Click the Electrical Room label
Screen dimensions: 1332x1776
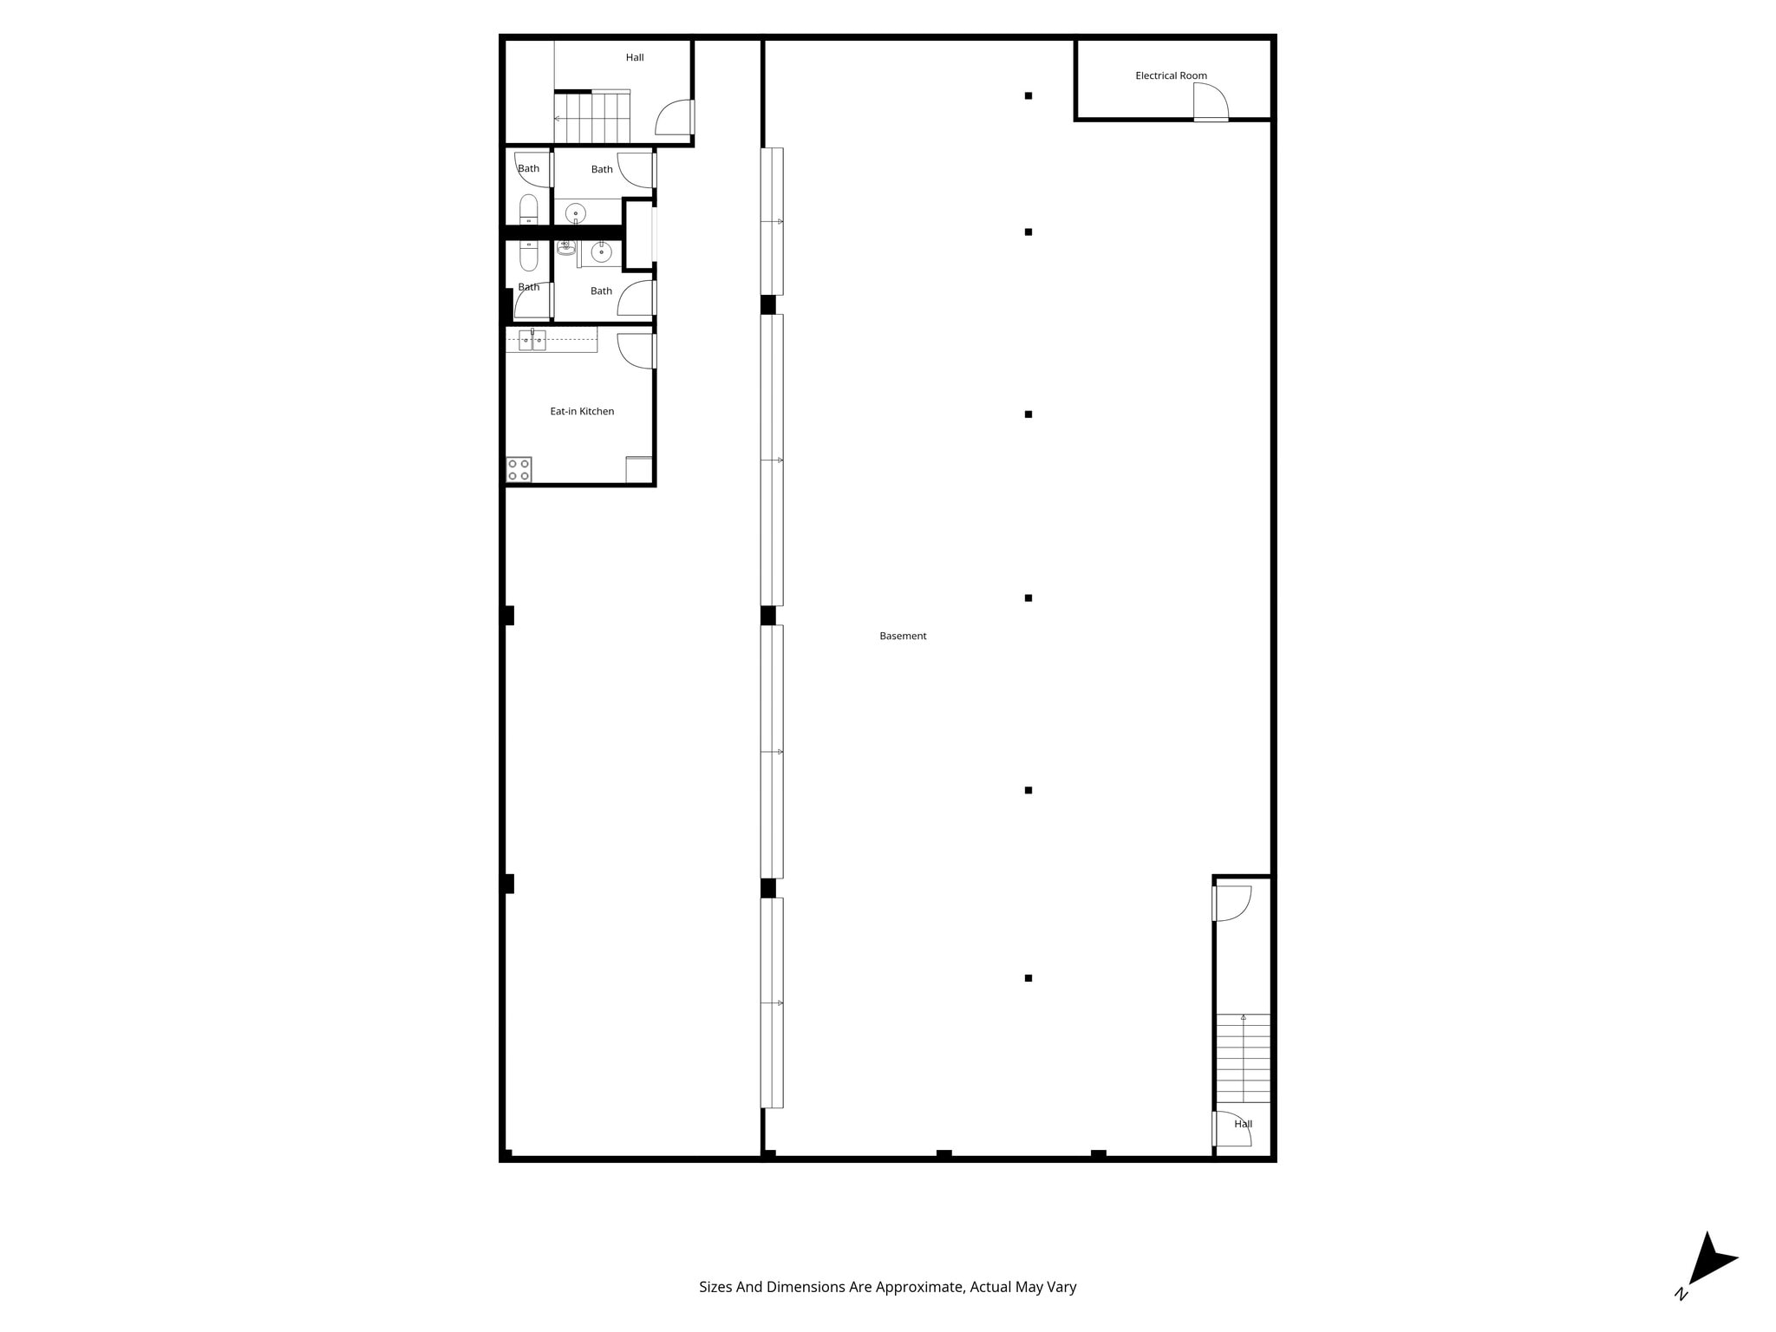click(1171, 75)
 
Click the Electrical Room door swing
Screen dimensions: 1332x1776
click(1211, 101)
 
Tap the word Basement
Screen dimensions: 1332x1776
click(903, 636)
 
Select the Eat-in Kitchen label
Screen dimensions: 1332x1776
click(582, 411)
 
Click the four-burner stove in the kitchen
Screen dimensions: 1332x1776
click(519, 470)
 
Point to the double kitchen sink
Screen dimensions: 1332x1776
click(532, 340)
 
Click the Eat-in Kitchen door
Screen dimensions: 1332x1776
click(636, 350)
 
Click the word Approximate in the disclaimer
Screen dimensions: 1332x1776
click(919, 1287)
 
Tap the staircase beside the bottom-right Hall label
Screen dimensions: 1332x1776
click(1243, 1058)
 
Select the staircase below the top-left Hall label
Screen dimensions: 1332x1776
click(591, 118)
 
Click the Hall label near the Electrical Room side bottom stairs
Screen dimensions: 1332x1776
click(1243, 1124)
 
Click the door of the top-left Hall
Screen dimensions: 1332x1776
click(675, 118)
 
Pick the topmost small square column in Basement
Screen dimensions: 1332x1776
click(1028, 96)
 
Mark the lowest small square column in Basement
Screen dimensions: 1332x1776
click(1028, 978)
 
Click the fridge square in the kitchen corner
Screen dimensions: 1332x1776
click(639, 469)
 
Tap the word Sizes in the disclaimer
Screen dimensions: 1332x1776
click(715, 1287)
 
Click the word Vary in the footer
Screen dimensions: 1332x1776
click(1062, 1287)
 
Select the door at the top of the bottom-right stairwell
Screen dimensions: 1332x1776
click(1231, 903)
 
